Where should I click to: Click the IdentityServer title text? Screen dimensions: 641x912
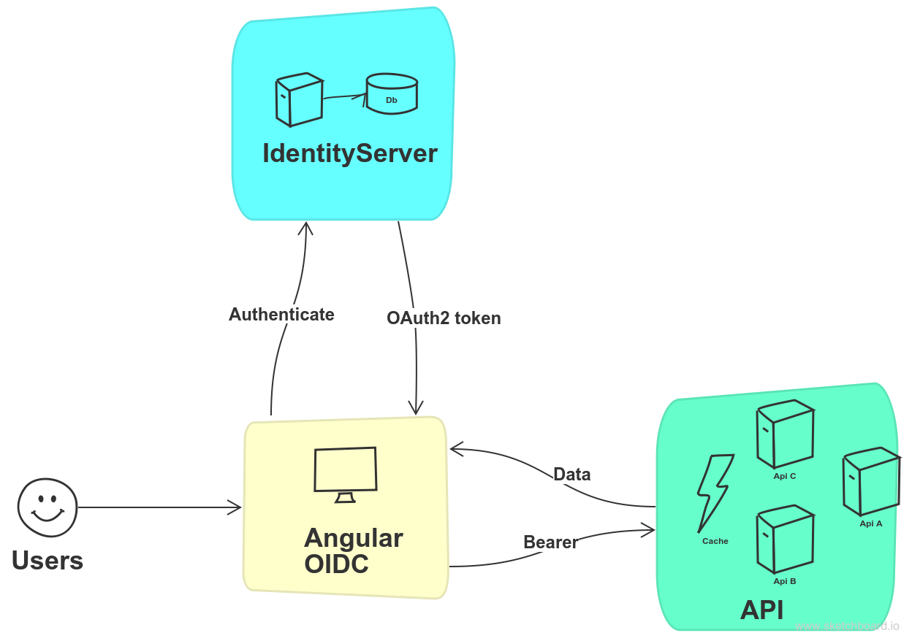[349, 153]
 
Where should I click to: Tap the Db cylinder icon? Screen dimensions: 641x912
[392, 93]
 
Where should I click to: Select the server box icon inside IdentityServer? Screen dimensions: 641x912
[299, 100]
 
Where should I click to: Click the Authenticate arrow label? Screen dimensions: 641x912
[281, 315]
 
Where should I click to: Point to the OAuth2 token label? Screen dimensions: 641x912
[444, 318]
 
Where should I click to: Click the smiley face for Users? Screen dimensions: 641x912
[47, 507]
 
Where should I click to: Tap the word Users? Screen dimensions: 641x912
[47, 561]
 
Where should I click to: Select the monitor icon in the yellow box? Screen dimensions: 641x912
[346, 473]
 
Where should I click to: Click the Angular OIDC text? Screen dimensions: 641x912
[353, 551]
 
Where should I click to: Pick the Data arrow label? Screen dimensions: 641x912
[571, 475]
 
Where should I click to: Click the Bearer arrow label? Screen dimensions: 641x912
[550, 542]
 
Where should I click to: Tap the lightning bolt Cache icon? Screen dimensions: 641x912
[714, 494]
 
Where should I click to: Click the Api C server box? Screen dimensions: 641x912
[785, 435]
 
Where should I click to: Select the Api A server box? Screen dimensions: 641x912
[870, 482]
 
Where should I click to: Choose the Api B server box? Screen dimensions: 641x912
[785, 540]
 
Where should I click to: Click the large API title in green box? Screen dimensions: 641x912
[761, 610]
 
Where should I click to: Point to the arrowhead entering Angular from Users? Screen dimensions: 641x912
[235, 507]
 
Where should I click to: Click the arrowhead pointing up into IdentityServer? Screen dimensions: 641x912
[305, 227]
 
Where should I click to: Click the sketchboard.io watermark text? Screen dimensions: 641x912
[847, 626]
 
